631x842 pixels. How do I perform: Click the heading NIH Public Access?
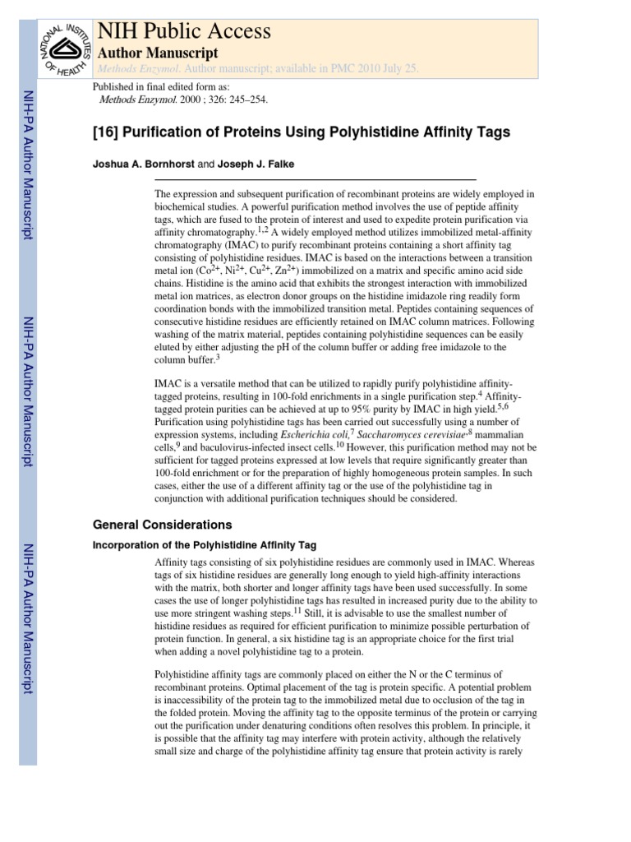pos(184,32)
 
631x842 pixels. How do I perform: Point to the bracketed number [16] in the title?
pos(109,132)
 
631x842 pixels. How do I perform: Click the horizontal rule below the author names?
pos(315,179)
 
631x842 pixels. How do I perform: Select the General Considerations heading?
pos(163,525)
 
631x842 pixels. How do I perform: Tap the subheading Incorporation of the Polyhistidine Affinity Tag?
pos(205,545)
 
